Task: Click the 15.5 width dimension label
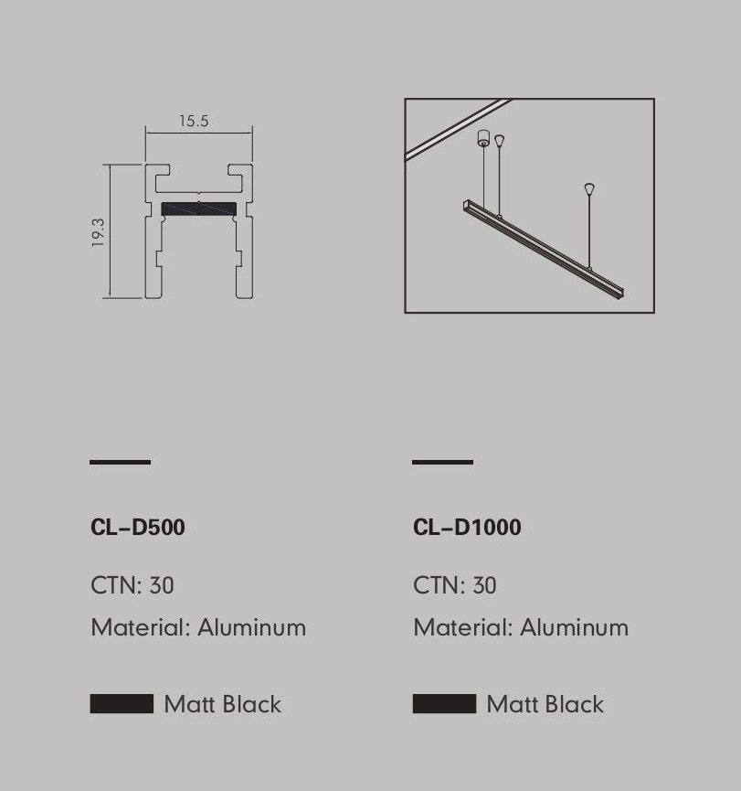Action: tap(194, 121)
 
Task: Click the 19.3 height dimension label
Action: tap(98, 232)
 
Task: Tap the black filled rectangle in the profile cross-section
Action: tap(198, 208)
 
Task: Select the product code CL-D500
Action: tap(138, 527)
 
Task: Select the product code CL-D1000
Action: tap(467, 527)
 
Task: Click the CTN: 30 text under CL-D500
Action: tap(132, 585)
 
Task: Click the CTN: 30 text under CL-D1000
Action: tap(455, 585)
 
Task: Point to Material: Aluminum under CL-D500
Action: tap(198, 627)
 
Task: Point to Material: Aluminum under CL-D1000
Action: tap(521, 627)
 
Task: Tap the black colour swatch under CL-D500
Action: tap(122, 704)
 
